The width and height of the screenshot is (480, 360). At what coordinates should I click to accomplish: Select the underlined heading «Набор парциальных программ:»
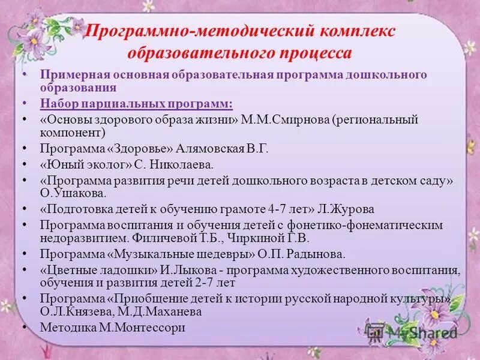click(x=136, y=103)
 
